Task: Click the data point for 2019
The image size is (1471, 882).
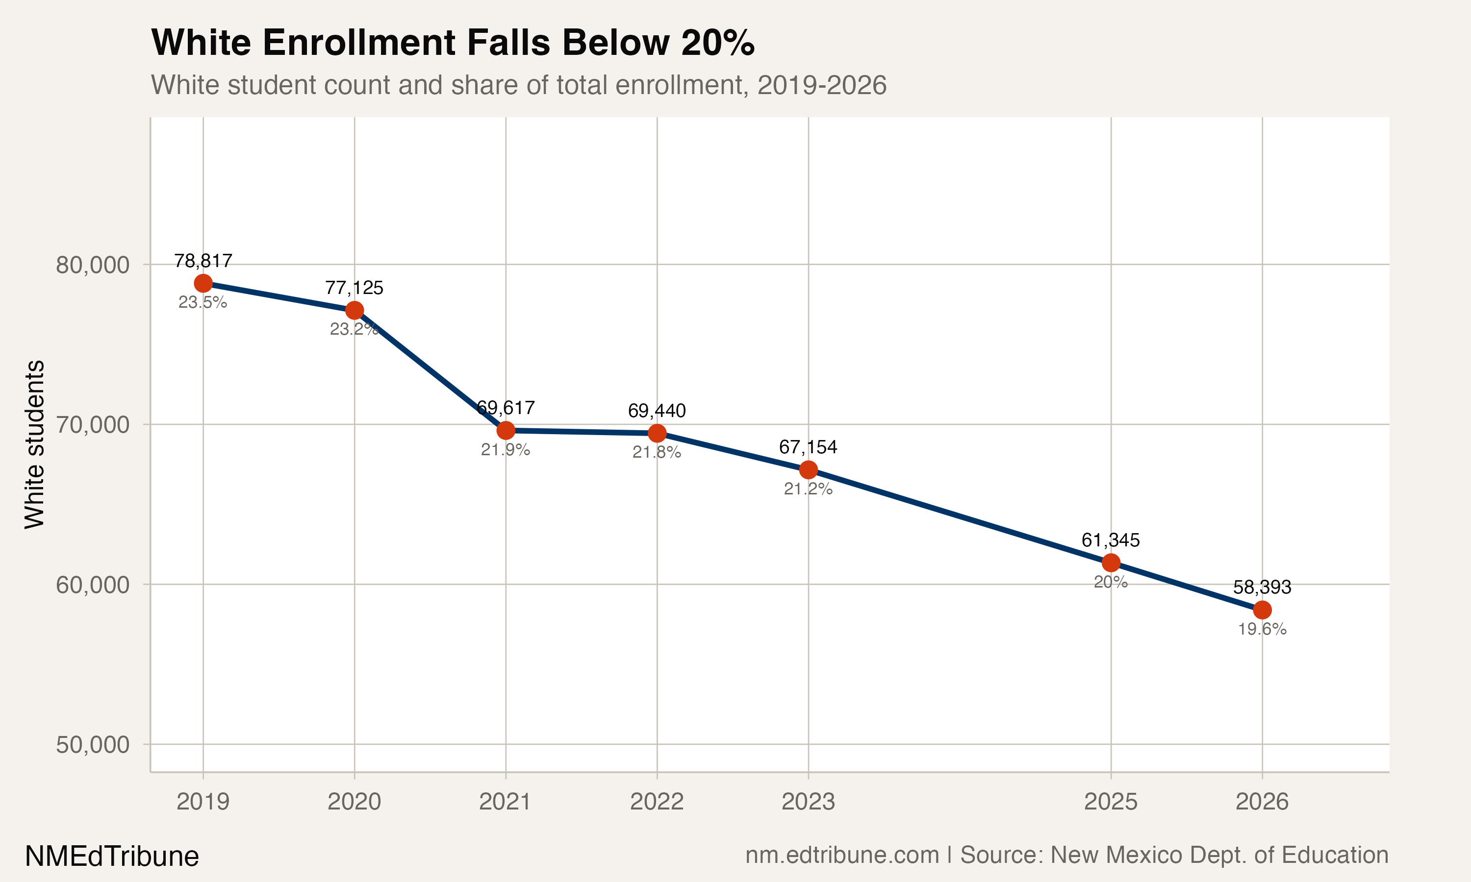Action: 203,284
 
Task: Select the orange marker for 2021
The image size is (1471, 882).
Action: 506,430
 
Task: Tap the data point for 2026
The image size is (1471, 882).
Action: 1262,610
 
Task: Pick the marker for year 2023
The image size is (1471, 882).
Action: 808,470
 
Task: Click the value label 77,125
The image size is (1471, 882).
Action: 355,288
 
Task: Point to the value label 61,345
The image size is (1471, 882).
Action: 1110,540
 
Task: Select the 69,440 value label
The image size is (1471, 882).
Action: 657,411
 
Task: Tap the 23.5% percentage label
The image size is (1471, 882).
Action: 203,302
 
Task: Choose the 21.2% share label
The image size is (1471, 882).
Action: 808,489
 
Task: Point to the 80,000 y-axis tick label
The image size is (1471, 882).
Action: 92,265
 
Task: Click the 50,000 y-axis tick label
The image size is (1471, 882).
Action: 92,745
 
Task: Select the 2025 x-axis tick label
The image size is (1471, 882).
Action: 1110,802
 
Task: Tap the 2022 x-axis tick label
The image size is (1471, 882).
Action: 657,802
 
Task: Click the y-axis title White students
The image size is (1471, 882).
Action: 34,444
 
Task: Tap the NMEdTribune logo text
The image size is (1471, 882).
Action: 112,857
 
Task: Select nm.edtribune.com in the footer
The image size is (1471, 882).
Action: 842,855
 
